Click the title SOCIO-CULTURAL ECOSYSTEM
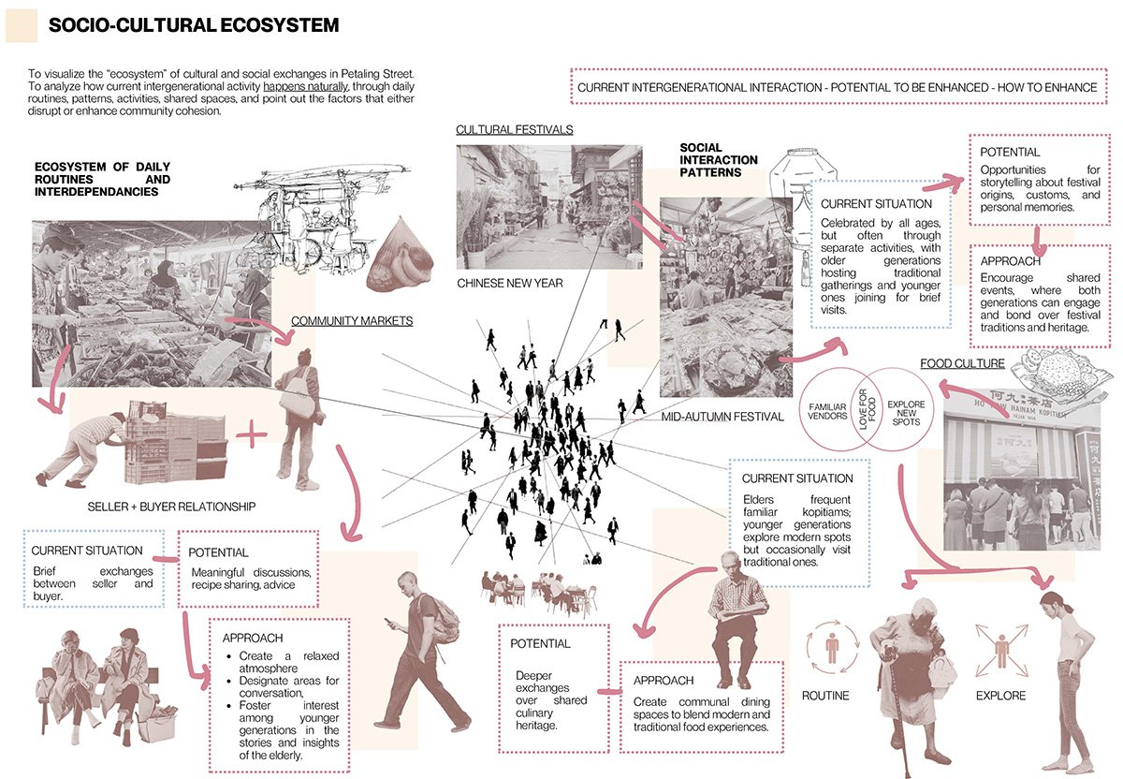[x=194, y=25]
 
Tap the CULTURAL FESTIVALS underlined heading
[x=515, y=129]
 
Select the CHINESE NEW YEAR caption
[x=510, y=283]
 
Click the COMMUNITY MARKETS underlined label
[x=352, y=321]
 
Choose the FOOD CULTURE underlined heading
[x=962, y=363]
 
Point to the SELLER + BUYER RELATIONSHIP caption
[x=170, y=507]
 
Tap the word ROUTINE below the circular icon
[x=825, y=696]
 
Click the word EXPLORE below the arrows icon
[x=1000, y=696]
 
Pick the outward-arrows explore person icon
[x=1000, y=647]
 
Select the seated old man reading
[x=736, y=618]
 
